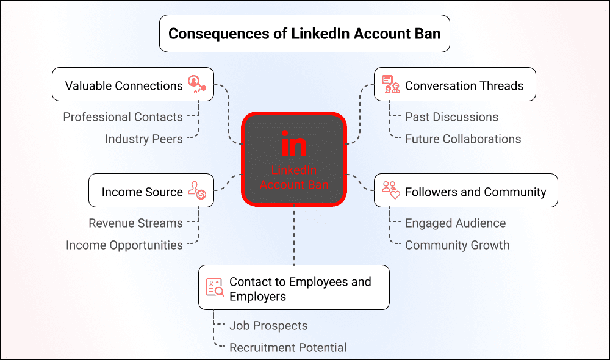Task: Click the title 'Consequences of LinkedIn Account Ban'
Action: click(x=304, y=34)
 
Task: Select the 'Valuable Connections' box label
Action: click(x=124, y=85)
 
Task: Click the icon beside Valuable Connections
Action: click(x=197, y=84)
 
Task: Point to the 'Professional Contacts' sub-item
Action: click(x=123, y=117)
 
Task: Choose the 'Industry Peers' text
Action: click(x=144, y=139)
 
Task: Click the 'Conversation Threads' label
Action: click(x=464, y=85)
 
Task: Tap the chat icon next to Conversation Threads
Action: click(x=390, y=84)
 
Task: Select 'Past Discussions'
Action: click(x=451, y=117)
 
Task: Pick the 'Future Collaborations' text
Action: click(x=463, y=139)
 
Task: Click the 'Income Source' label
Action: click(x=142, y=192)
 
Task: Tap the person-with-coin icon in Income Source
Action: click(x=197, y=190)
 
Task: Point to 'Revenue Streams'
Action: click(x=136, y=223)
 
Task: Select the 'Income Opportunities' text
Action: click(x=124, y=245)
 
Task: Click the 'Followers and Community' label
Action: click(x=475, y=192)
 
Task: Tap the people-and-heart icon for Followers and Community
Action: click(x=390, y=190)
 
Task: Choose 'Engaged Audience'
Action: click(x=456, y=223)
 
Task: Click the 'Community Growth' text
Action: click(x=457, y=245)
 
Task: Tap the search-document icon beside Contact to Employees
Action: click(x=215, y=287)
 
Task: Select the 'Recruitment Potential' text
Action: click(x=288, y=348)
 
